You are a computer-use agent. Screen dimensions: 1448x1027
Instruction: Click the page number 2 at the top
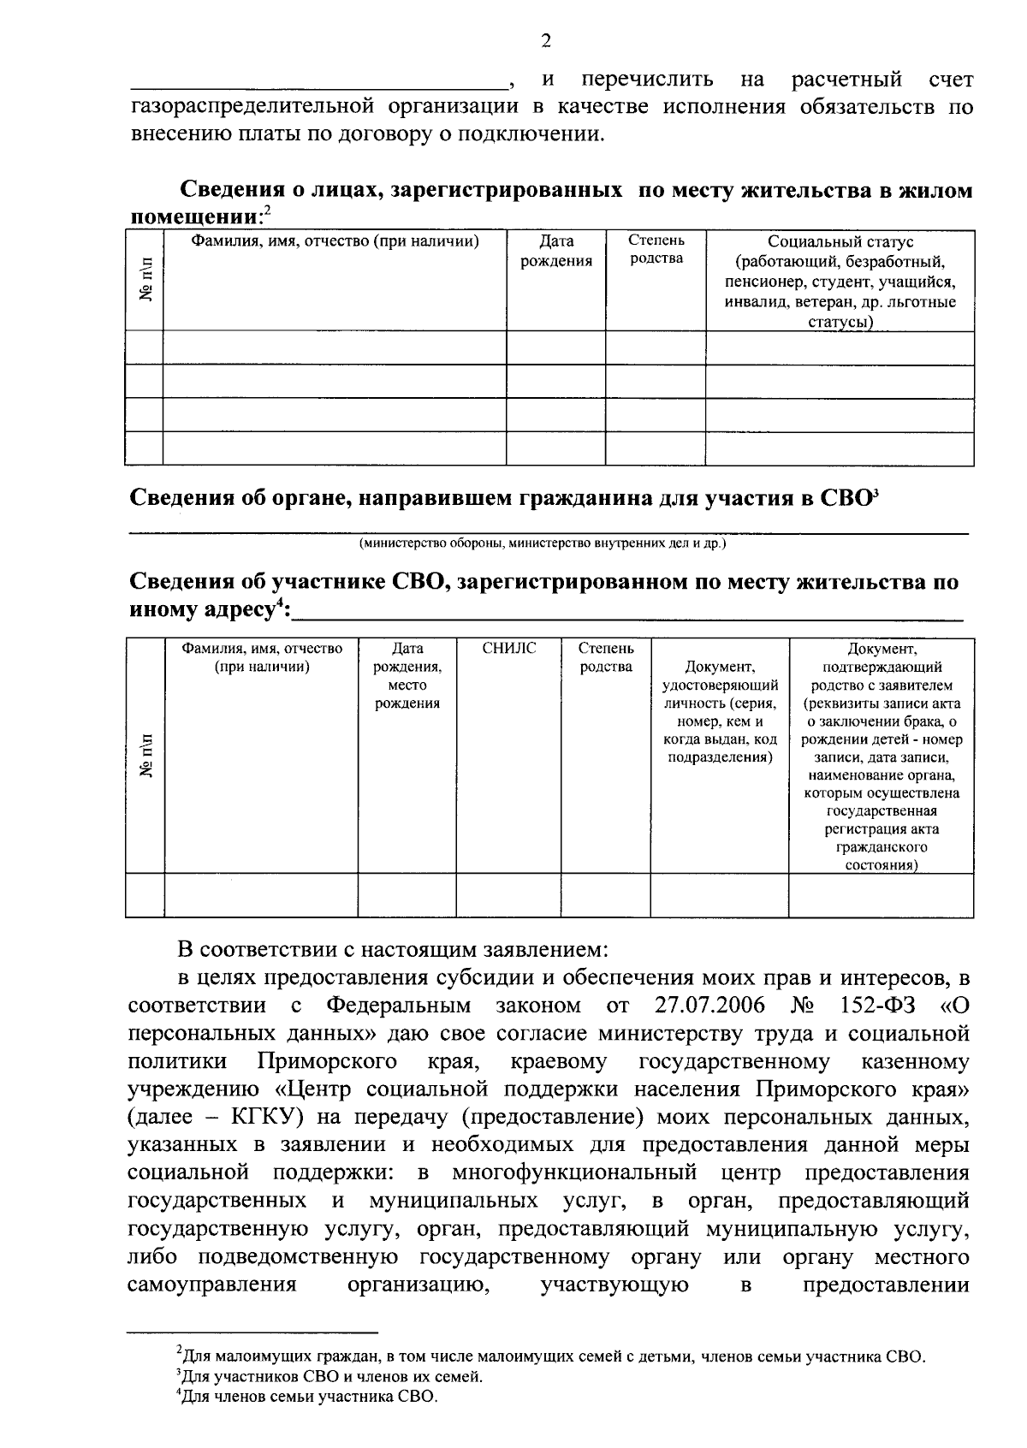click(x=546, y=40)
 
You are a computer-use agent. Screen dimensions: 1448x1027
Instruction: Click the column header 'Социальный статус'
click(x=840, y=242)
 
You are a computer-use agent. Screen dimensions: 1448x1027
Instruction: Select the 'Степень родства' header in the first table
click(x=656, y=249)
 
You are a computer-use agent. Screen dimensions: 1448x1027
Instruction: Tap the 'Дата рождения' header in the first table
click(x=556, y=252)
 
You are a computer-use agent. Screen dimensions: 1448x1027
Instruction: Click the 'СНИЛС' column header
click(x=509, y=649)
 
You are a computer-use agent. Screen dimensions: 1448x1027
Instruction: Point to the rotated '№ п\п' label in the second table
click(x=145, y=756)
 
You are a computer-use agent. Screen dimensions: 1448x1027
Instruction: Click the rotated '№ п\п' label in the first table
click(x=145, y=280)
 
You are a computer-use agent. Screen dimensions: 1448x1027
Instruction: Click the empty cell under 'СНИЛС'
click(x=509, y=895)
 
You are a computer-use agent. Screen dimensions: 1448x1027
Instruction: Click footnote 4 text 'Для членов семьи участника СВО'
click(x=310, y=1398)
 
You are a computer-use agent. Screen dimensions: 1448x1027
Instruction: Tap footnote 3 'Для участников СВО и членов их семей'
click(x=332, y=1377)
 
